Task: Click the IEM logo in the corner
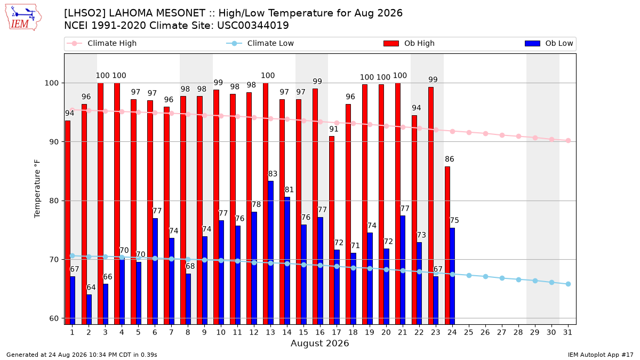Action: click(x=23, y=18)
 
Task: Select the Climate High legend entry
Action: click(x=101, y=43)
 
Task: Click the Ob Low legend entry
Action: click(x=549, y=43)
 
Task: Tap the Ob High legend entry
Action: click(x=409, y=43)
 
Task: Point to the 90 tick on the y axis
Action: click(x=53, y=142)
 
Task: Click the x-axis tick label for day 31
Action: click(x=567, y=333)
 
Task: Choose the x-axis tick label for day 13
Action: click(x=270, y=333)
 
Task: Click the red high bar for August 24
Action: click(x=447, y=245)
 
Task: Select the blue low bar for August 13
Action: click(x=270, y=253)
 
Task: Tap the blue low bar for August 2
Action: click(x=89, y=309)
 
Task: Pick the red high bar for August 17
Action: click(x=332, y=230)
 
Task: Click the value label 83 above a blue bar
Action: click(x=273, y=174)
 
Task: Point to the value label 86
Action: click(x=450, y=159)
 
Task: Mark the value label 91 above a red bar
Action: click(x=334, y=129)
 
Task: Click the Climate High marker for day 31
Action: click(x=569, y=141)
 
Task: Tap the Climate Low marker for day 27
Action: click(x=502, y=278)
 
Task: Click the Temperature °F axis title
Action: click(x=37, y=189)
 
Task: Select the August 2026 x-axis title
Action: click(x=319, y=343)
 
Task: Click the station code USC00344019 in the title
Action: click(x=253, y=26)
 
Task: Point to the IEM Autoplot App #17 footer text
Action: click(x=601, y=355)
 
